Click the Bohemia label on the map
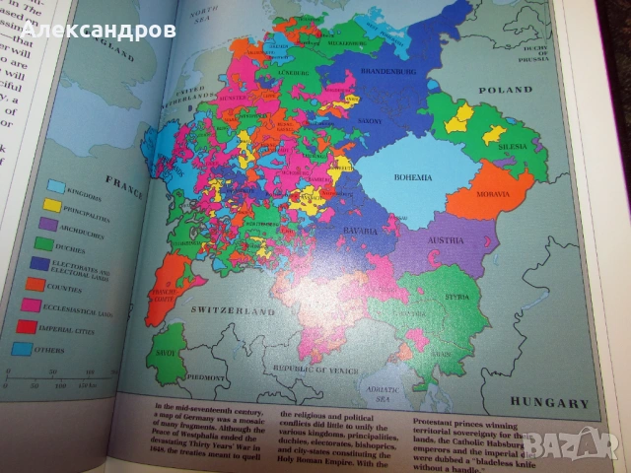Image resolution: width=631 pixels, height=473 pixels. click(413, 177)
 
